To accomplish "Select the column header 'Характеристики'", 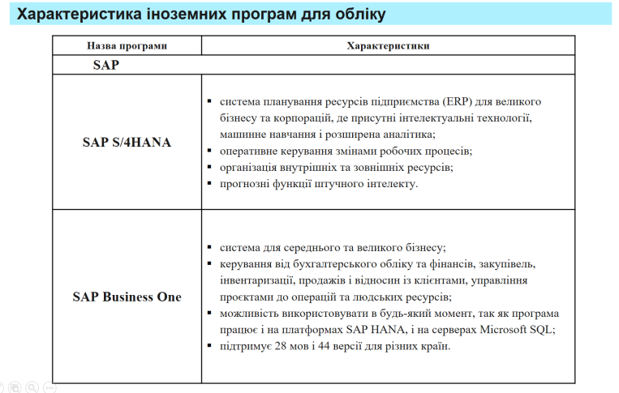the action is [388, 46].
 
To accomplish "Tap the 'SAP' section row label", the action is [105, 66].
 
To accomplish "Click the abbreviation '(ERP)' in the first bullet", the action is [459, 102].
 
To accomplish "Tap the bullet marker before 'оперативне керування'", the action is [209, 152].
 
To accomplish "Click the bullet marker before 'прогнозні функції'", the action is [209, 184].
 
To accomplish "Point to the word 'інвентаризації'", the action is [257, 280].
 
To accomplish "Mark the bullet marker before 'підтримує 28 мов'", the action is [209, 347].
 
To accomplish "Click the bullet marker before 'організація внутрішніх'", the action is [209, 168].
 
